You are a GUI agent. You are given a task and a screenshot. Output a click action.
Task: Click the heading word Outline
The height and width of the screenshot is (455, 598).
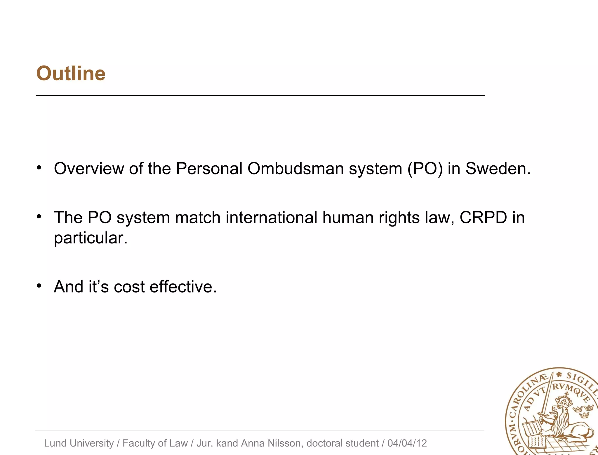[71, 73]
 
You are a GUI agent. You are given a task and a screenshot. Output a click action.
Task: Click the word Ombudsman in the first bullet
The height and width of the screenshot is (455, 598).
[295, 169]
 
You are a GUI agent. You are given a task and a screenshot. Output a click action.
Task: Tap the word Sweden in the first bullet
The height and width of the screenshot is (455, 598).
[498, 169]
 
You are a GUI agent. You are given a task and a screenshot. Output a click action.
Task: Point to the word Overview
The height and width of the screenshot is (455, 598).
[89, 169]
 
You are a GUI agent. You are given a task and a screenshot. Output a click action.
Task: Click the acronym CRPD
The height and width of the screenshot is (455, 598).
[483, 218]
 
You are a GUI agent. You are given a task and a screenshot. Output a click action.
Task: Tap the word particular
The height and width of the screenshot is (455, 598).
[91, 238]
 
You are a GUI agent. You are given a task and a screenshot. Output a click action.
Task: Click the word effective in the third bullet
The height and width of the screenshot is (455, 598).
[183, 287]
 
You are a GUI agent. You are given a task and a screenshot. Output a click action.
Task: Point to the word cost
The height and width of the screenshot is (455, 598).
[129, 287]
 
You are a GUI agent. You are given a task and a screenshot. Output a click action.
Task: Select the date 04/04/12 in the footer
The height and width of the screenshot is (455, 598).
[407, 443]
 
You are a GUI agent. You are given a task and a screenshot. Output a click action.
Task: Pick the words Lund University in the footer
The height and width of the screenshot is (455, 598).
[79, 443]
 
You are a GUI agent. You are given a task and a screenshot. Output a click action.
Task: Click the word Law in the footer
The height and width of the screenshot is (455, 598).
[179, 443]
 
